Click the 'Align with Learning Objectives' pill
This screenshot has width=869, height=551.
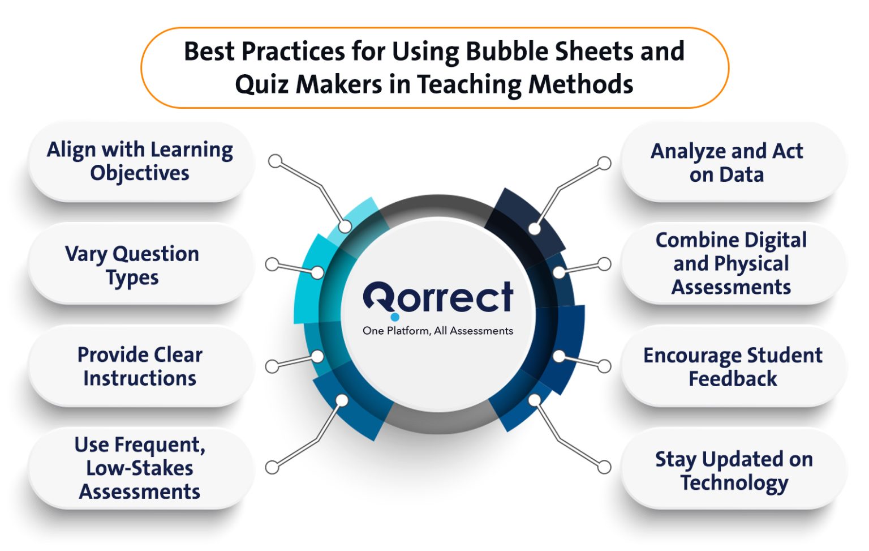point(140,161)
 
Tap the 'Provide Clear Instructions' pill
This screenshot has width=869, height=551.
point(140,366)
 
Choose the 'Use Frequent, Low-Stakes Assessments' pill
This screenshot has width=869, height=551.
point(140,468)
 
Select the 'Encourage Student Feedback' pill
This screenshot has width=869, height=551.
point(733,366)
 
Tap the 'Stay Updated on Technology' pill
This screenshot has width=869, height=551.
point(733,470)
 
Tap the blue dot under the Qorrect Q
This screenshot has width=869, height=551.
point(395,317)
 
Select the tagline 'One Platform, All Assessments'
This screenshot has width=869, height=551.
point(438,331)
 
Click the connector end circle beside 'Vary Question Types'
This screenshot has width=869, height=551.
point(272,264)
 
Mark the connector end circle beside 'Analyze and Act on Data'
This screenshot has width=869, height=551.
point(604,163)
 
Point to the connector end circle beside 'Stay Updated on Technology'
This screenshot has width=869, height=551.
point(604,467)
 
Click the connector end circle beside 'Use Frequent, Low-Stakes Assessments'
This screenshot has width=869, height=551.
point(272,467)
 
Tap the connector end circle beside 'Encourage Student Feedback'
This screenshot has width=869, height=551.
point(604,366)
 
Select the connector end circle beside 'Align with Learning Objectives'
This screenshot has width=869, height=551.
point(275,161)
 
